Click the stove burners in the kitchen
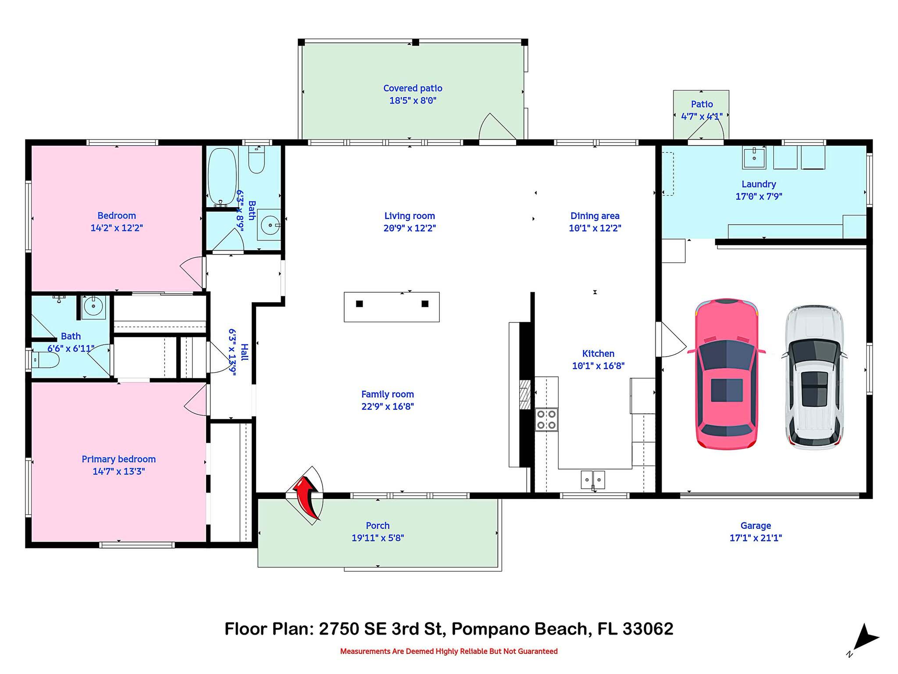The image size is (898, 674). point(546,419)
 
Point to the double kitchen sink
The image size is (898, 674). point(593,479)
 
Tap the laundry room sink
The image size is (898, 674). point(754,158)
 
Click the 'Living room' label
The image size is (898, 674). point(409,216)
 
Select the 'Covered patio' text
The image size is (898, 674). point(413,89)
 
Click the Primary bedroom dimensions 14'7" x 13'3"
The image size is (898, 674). point(118,472)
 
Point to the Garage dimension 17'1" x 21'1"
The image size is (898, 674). point(755,538)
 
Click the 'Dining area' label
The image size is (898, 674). point(595,216)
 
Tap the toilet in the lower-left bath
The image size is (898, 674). point(46,361)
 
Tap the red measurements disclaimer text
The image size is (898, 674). point(449,651)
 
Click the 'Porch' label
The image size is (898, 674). point(378,526)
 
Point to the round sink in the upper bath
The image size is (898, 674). point(268,225)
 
